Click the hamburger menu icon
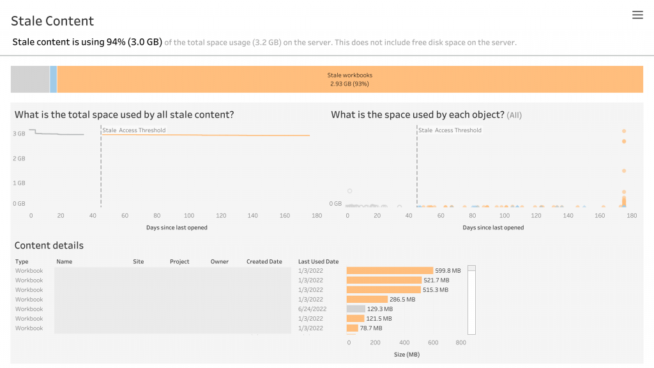[x=637, y=15]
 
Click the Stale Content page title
[x=52, y=21]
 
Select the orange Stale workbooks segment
[x=349, y=79]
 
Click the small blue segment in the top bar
[x=53, y=79]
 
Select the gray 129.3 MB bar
[x=356, y=309]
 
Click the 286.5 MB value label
[x=402, y=300]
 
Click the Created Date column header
[x=264, y=262]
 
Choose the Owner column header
[x=220, y=262]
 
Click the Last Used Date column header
[x=318, y=262]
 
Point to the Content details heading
[x=49, y=245]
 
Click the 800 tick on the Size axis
[x=460, y=343]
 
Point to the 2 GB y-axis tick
[x=19, y=158]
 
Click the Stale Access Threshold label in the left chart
[x=134, y=130]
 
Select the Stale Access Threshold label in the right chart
[x=450, y=130]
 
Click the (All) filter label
[x=514, y=116]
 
